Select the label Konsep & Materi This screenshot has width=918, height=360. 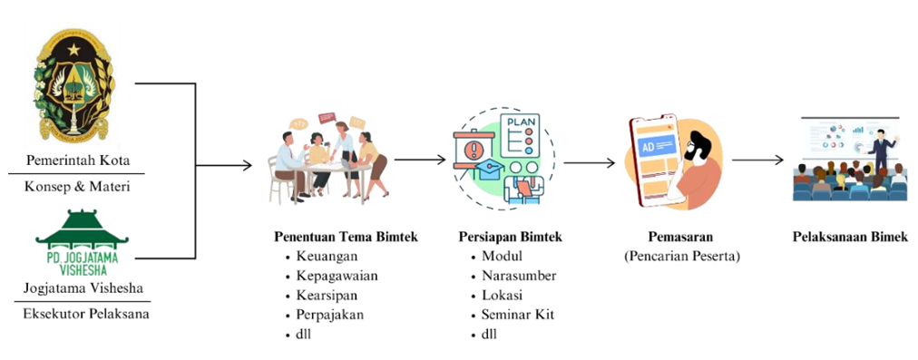click(x=77, y=188)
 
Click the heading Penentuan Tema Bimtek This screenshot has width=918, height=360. click(x=346, y=237)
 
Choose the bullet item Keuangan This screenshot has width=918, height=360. click(x=329, y=257)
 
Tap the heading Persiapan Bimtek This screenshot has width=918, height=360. click(x=511, y=237)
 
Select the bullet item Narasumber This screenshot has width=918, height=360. click(x=519, y=276)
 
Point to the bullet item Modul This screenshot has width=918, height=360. click(x=502, y=257)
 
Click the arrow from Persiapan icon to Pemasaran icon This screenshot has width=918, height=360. click(x=592, y=163)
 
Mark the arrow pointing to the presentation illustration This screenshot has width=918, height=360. click(x=757, y=161)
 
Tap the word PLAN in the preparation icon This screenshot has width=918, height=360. click(x=522, y=122)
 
